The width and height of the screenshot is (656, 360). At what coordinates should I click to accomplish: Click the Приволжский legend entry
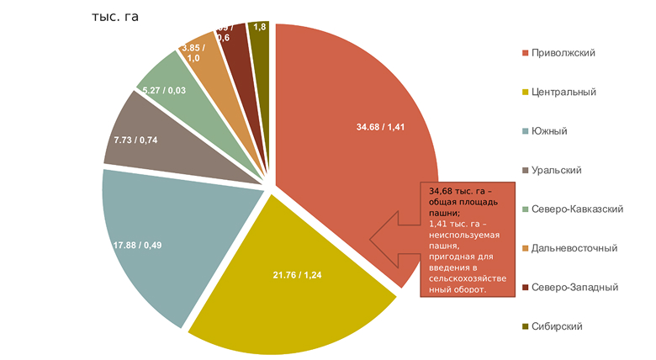pos(563,53)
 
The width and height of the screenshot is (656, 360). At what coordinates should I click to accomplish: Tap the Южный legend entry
pos(550,131)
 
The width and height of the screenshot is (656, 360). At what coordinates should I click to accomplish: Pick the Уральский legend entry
pos(556,170)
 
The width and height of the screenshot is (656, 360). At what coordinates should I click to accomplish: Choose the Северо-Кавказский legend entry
pos(576,209)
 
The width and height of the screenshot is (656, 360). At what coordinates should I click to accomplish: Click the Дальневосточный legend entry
pos(574,248)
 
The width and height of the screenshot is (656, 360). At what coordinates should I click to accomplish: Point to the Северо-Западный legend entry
pos(574,288)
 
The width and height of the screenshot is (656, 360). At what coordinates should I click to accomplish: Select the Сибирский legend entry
pos(557,326)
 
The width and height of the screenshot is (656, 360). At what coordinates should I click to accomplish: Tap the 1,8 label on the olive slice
pos(260,27)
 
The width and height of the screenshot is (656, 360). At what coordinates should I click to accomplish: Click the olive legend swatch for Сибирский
pos(525,326)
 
